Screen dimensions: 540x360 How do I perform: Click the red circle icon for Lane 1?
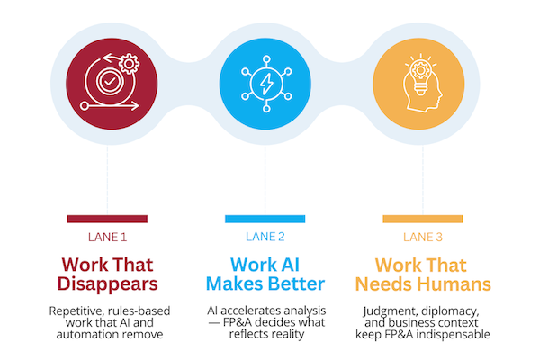[112, 84]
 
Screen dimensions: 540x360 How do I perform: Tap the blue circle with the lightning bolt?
[265, 84]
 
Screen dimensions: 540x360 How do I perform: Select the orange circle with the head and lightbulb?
[418, 84]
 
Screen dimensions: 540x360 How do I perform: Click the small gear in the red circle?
[129, 64]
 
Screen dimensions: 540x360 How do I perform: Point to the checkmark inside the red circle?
[110, 82]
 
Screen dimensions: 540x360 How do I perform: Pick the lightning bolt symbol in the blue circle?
[266, 84]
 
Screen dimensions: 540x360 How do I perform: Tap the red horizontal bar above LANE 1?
[107, 219]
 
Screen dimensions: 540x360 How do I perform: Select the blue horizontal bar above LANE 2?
[265, 219]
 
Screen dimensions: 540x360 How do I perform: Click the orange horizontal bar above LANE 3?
[423, 219]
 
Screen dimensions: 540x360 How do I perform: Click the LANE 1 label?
[107, 237]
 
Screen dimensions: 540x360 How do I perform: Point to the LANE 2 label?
[265, 237]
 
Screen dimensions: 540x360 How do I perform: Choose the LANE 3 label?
[423, 237]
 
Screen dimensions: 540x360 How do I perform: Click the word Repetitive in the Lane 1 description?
[76, 311]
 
